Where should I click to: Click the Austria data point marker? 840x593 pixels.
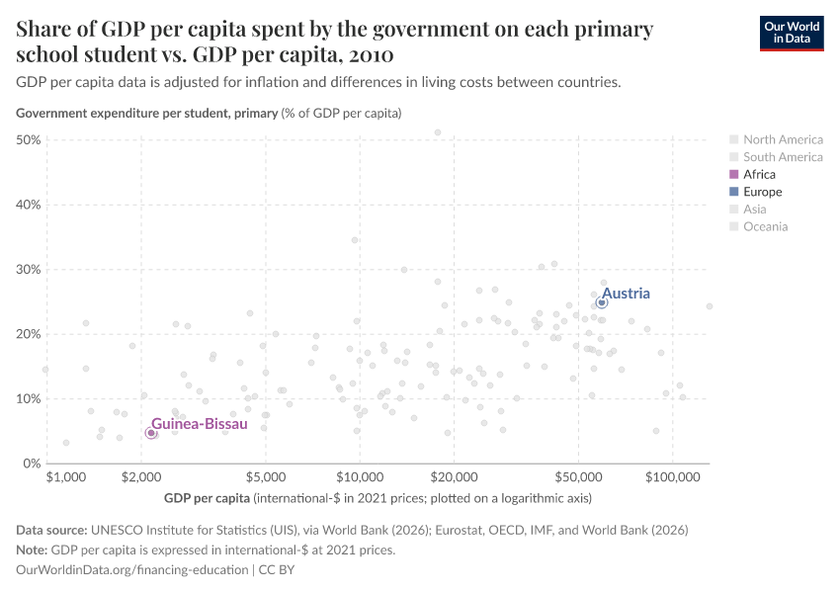(x=601, y=302)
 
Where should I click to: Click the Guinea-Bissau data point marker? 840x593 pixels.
(x=150, y=433)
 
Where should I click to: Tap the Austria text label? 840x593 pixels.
(x=626, y=294)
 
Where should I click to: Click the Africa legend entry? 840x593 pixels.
(x=759, y=174)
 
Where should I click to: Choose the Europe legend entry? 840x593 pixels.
(x=762, y=192)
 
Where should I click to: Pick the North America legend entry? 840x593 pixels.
(x=783, y=139)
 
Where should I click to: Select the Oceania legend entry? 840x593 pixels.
(x=766, y=226)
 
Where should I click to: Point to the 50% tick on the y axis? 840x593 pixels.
(x=29, y=140)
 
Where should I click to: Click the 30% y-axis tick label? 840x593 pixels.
(x=29, y=270)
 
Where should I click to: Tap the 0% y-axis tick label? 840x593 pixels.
(x=32, y=464)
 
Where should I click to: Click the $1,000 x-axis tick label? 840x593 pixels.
(x=66, y=478)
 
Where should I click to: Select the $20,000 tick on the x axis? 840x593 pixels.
(x=454, y=478)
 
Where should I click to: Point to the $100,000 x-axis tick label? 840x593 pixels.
(x=672, y=478)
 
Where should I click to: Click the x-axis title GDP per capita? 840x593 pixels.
(x=207, y=496)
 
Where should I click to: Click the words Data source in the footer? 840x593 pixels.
(x=53, y=530)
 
